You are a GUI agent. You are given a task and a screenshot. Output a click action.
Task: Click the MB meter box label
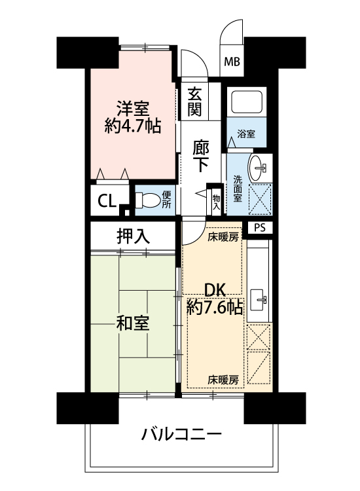click(232, 62)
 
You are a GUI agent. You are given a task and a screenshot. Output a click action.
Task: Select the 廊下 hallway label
click(201, 156)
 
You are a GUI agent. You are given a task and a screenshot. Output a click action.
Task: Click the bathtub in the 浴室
click(246, 101)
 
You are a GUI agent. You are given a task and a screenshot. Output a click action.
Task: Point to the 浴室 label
click(246, 134)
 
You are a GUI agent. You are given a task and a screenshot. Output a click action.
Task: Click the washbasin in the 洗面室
click(257, 168)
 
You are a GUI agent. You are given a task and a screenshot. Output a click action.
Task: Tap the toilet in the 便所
click(148, 200)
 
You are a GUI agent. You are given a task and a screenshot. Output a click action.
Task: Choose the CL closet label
click(107, 201)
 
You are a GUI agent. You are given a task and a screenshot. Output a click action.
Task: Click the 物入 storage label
click(216, 202)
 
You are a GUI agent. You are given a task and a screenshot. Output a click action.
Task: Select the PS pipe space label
click(259, 228)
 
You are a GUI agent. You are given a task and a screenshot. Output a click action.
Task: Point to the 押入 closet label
click(133, 236)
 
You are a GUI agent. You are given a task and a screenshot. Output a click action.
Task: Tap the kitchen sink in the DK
click(259, 300)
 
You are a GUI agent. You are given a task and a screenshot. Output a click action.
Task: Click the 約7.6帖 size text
click(215, 308)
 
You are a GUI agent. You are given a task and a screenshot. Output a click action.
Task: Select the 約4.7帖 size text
click(133, 126)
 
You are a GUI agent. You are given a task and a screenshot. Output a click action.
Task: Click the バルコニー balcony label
click(181, 434)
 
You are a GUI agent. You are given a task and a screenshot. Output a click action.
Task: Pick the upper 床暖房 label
click(223, 238)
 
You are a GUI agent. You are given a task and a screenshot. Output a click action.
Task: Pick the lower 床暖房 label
click(223, 380)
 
